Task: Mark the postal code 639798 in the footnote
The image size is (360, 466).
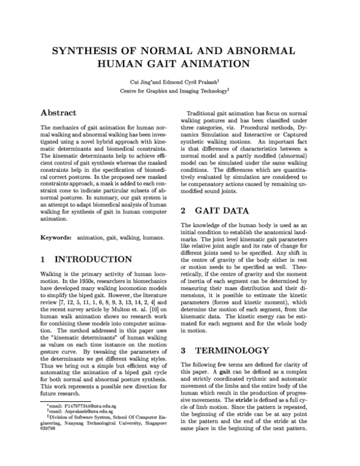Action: point(47,447)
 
